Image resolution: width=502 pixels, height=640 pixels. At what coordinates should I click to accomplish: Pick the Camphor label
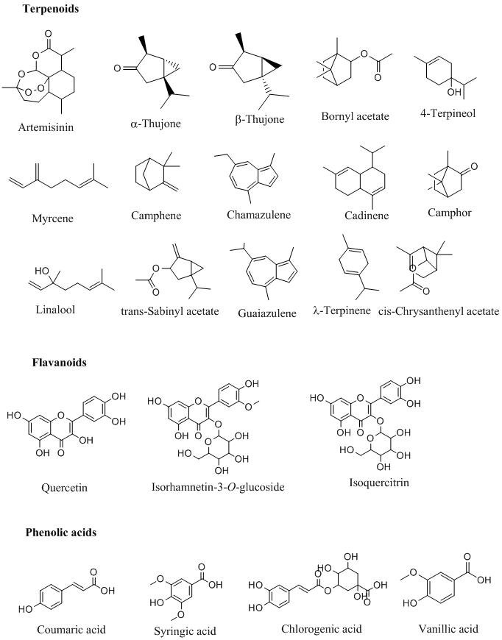(x=448, y=213)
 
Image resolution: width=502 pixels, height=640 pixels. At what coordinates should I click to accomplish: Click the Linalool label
(x=55, y=309)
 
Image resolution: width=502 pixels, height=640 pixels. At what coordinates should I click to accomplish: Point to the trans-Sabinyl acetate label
(x=170, y=311)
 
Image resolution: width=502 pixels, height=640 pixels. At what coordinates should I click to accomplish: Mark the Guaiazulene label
(x=267, y=313)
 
